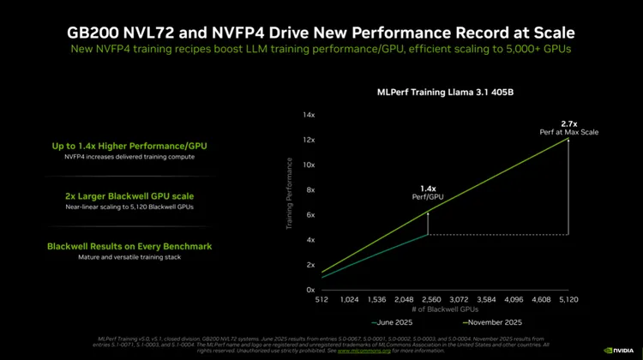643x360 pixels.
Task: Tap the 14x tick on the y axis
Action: (x=310, y=115)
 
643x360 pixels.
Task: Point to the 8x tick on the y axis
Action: (x=312, y=190)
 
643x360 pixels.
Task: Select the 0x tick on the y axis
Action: (x=312, y=290)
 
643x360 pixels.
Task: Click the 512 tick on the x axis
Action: (x=322, y=301)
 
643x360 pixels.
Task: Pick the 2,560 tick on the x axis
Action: (x=428, y=301)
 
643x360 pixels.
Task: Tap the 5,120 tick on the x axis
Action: (x=568, y=301)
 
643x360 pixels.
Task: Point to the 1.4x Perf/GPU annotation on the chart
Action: (x=428, y=192)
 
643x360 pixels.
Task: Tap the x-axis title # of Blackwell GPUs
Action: (x=445, y=310)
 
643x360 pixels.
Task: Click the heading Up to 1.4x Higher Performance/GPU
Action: (x=129, y=146)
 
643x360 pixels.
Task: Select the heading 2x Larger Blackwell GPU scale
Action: (x=129, y=195)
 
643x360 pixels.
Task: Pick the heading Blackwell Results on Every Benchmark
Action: (x=129, y=246)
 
